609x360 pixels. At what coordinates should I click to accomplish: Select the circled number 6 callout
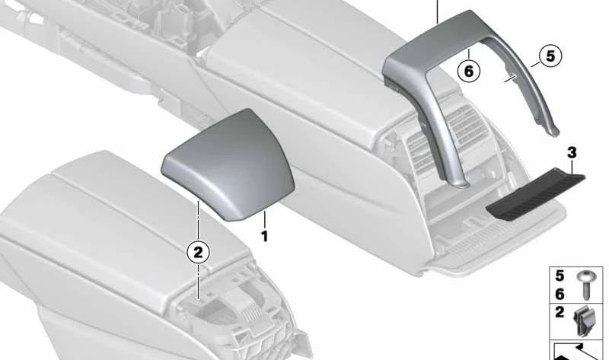click(469, 72)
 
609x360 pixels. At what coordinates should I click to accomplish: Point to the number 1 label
click(264, 237)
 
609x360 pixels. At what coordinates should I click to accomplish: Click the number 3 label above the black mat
click(572, 153)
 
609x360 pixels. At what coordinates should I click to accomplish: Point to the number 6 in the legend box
click(560, 293)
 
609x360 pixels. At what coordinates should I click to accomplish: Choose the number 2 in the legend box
click(560, 312)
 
